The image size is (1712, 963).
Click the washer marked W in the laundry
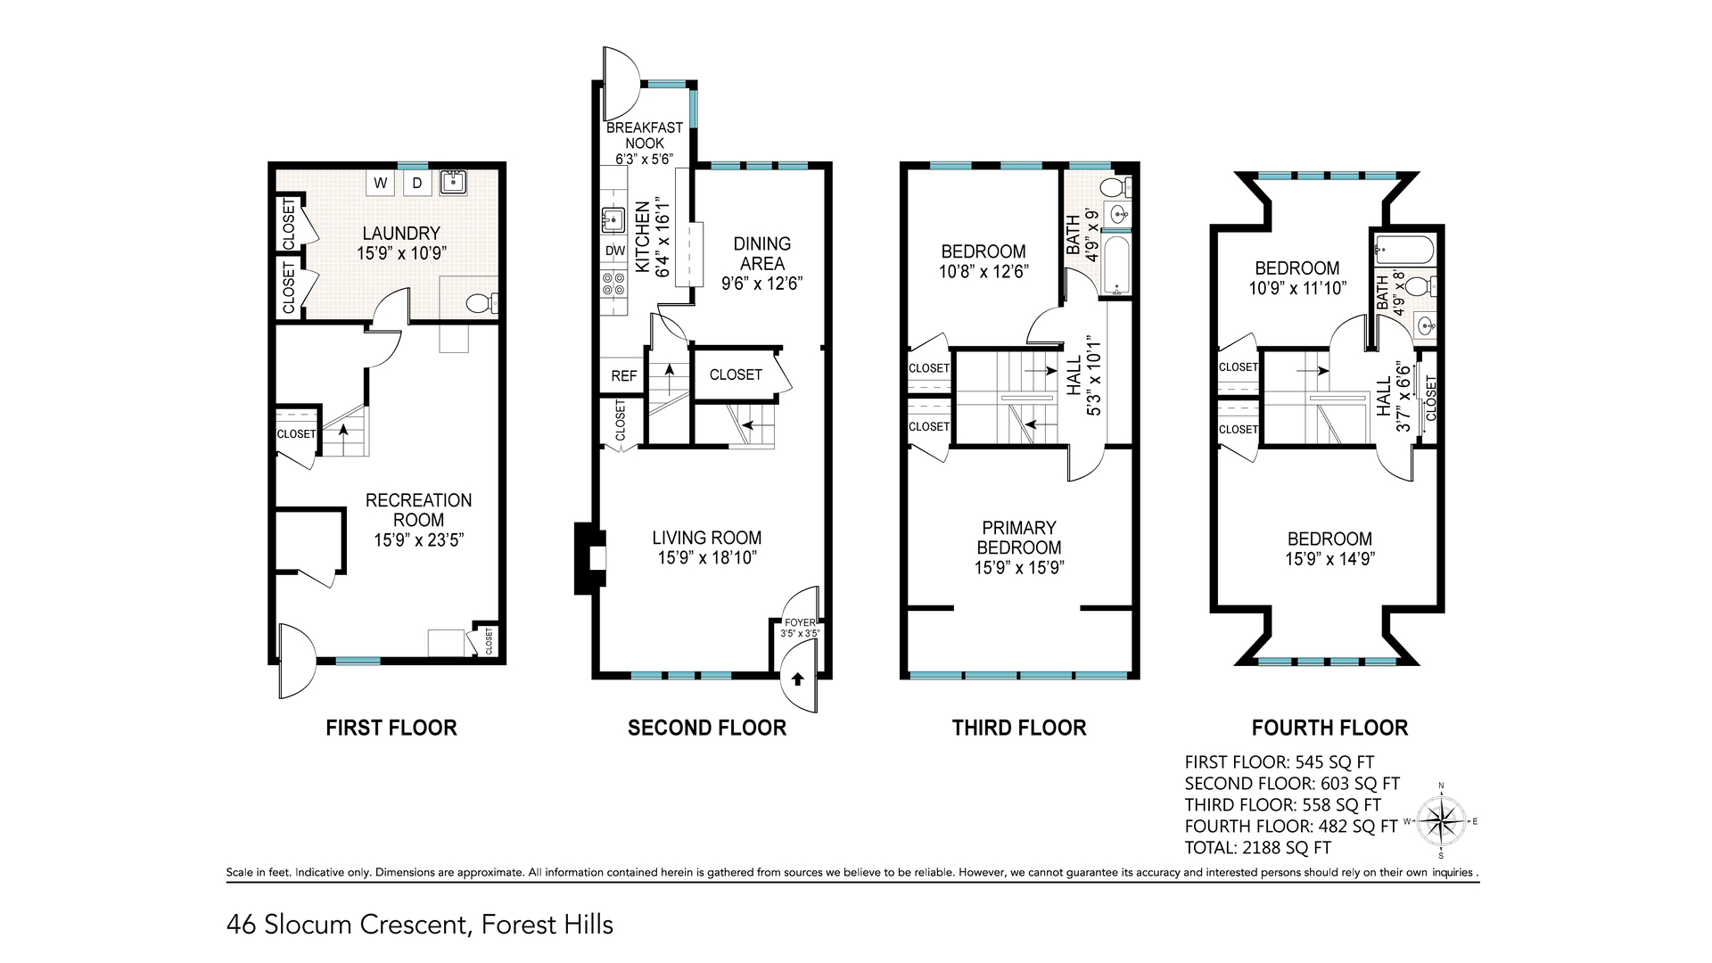pyautogui.click(x=381, y=184)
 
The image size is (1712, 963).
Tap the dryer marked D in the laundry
pyautogui.click(x=416, y=184)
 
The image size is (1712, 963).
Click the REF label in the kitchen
pyautogui.click(x=623, y=376)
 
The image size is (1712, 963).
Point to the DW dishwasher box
pyautogui.click(x=614, y=251)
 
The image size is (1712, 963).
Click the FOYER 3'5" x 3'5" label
pyautogui.click(x=800, y=628)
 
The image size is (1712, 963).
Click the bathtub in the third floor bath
pyautogui.click(x=1118, y=266)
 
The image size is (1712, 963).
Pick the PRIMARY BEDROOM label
pyautogui.click(x=1019, y=538)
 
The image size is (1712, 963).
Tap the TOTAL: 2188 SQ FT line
pyautogui.click(x=1257, y=848)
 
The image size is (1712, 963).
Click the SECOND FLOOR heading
pyautogui.click(x=706, y=728)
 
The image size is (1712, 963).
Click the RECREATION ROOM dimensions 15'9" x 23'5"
pyautogui.click(x=418, y=539)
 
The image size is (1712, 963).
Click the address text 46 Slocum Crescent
pyautogui.click(x=348, y=925)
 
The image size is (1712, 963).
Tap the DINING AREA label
pyautogui.click(x=761, y=253)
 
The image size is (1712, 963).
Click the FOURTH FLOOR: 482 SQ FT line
pyautogui.click(x=1290, y=827)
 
